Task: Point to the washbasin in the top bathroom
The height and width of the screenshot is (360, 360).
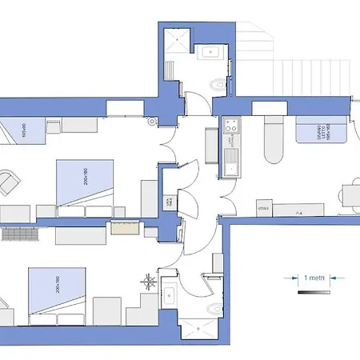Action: coord(210,54)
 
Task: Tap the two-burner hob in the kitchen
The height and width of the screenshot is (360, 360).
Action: coord(230,126)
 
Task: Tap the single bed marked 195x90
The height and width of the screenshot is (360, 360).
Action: coord(20,130)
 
